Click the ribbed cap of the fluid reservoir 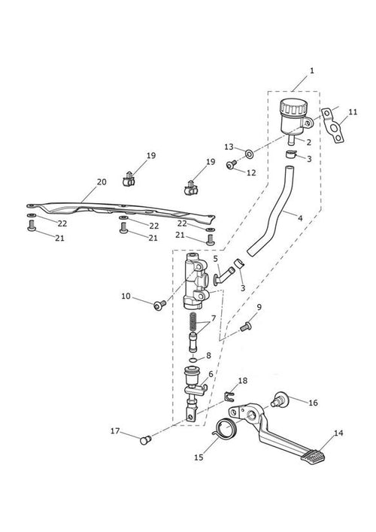(293, 107)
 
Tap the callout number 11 (353, 111)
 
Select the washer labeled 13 (250, 154)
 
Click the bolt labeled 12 (231, 165)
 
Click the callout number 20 (102, 182)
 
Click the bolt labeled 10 (159, 305)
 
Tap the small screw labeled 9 (245, 327)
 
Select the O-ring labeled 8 (193, 360)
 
